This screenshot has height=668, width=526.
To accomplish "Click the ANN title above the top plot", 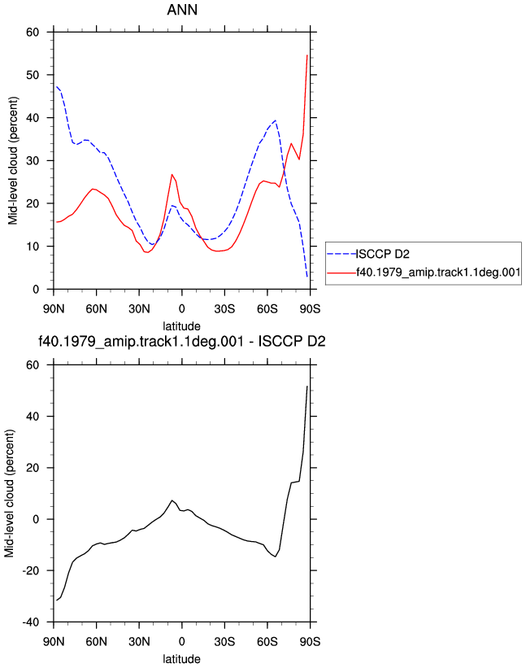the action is click(x=182, y=10).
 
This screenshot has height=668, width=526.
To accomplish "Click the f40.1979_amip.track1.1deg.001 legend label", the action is click(x=438, y=273).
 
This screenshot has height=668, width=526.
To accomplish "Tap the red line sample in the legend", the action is click(x=341, y=273).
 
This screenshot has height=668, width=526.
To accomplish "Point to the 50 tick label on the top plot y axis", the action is click(x=33, y=75).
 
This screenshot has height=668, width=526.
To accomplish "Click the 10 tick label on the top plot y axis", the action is click(x=33, y=247).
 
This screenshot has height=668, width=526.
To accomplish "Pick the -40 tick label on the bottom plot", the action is click(x=30, y=622).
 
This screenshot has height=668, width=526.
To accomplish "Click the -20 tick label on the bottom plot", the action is click(x=30, y=571).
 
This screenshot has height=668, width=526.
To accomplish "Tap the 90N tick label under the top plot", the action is click(x=54, y=309).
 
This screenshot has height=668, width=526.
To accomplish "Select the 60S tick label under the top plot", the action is click(x=267, y=309).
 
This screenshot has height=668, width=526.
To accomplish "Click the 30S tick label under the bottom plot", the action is click(x=224, y=642).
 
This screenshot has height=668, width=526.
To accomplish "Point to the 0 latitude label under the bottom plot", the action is click(x=182, y=642).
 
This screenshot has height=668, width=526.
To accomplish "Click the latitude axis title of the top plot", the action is click(x=182, y=326).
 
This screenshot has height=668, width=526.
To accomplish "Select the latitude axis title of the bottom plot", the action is click(x=182, y=659).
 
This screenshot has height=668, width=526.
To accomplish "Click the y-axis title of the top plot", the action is click(x=13, y=160).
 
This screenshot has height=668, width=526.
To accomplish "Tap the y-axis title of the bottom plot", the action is click(x=10, y=493).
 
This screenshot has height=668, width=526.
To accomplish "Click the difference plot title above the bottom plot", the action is click(x=182, y=341).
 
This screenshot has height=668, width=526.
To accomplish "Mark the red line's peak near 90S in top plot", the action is click(x=306, y=55).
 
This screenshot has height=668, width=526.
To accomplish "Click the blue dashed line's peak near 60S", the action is click(x=276, y=120).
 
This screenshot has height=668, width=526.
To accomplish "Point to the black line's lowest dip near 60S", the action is click(x=276, y=557).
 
